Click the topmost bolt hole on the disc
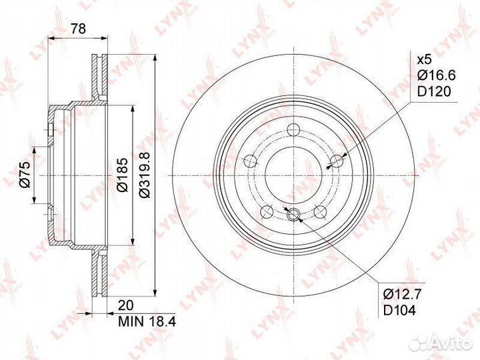[x=294, y=129]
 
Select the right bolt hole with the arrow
[x=337, y=161]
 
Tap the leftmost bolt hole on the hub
[x=251, y=161]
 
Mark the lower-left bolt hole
[x=267, y=212]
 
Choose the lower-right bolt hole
[x=321, y=212]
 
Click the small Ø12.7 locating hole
[x=294, y=214]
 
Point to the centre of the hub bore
[x=294, y=175]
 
